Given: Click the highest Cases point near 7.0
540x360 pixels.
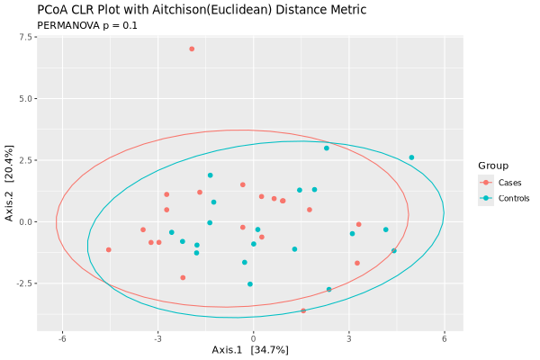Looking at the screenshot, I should tap(192, 49).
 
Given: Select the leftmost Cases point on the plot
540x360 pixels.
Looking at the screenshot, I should tap(109, 250).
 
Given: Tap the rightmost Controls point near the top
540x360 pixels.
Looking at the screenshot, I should tap(411, 157).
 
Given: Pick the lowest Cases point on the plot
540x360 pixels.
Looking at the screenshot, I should tap(303, 310).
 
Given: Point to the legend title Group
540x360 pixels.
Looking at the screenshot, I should tap(493, 166).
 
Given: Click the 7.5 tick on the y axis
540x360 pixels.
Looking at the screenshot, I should tap(27, 38).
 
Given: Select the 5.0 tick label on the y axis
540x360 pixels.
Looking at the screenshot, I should tap(27, 99).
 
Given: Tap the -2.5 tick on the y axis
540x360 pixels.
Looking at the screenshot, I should tap(25, 283).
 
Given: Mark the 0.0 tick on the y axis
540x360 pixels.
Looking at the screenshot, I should tap(27, 222).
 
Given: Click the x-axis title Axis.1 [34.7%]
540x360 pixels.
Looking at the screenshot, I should tap(250, 348).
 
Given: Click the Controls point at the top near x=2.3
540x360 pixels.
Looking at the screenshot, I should tap(327, 148).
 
